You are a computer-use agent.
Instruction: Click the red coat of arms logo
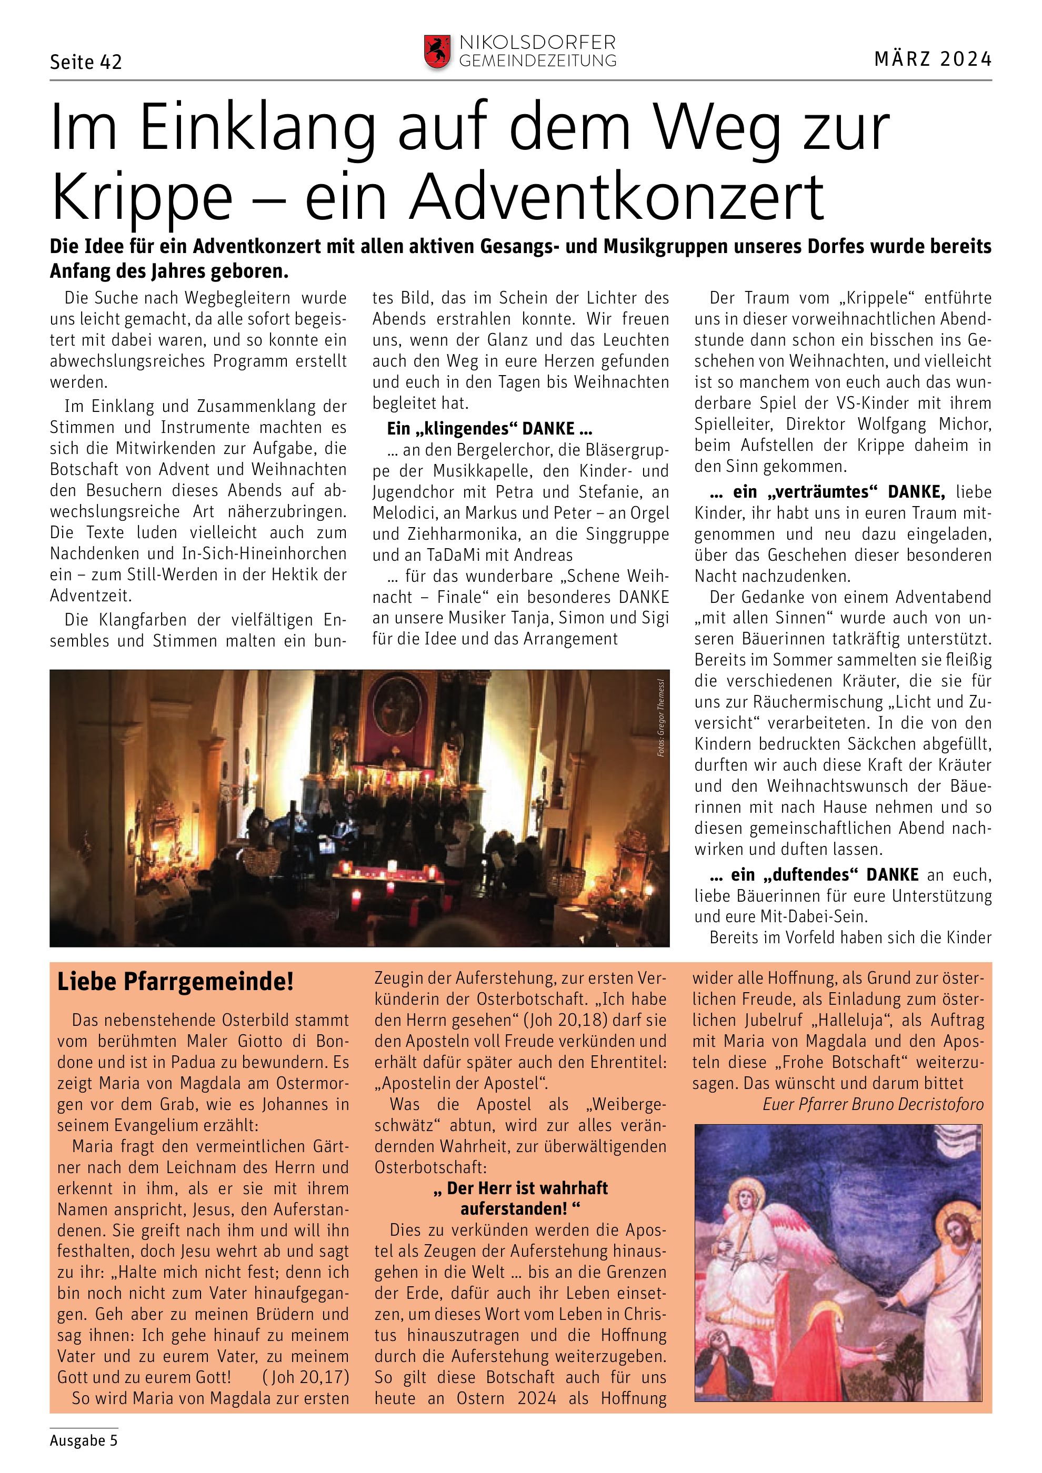tap(437, 52)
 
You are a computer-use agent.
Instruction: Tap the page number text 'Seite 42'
tap(86, 62)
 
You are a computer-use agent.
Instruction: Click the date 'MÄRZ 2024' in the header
tap(933, 59)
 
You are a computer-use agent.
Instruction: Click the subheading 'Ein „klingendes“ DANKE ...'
tap(489, 429)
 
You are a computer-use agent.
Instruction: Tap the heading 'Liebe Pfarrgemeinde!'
tap(175, 982)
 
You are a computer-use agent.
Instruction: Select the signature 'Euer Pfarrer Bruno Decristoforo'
tap(873, 1104)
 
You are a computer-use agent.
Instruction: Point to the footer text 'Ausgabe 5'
tap(84, 1440)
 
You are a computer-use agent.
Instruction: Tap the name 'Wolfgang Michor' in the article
tap(925, 425)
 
